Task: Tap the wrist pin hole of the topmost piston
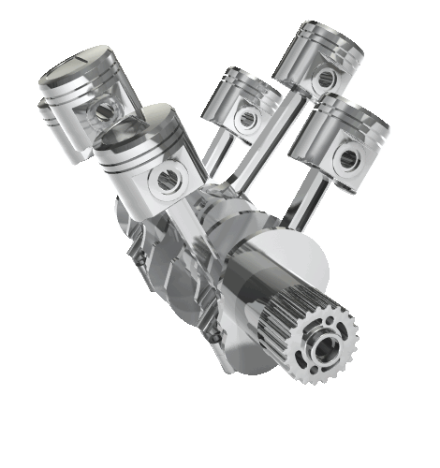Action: [x=325, y=79]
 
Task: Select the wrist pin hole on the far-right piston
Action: [x=349, y=158]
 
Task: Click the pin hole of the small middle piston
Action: [x=247, y=118]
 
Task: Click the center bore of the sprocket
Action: [x=327, y=349]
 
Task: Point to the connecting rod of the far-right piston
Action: [x=304, y=201]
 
